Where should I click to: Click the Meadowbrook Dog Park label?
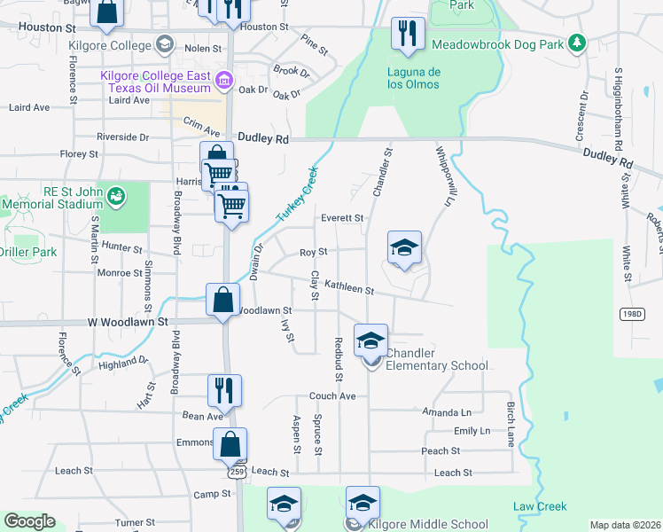coord(498,43)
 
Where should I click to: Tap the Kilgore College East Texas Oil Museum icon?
coord(224,82)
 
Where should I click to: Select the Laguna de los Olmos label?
coord(412,78)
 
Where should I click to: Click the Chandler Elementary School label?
coord(435,359)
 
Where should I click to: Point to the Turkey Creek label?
coord(296,196)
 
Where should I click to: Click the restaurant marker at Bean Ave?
coord(224,391)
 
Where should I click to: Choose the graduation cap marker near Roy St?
coord(404,247)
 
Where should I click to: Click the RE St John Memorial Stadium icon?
coord(114,194)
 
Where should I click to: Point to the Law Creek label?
coord(539,507)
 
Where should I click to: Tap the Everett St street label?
coord(342,218)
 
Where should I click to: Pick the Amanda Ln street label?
coord(447,412)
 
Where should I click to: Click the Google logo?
coord(30,521)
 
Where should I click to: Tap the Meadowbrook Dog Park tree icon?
coord(577,42)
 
